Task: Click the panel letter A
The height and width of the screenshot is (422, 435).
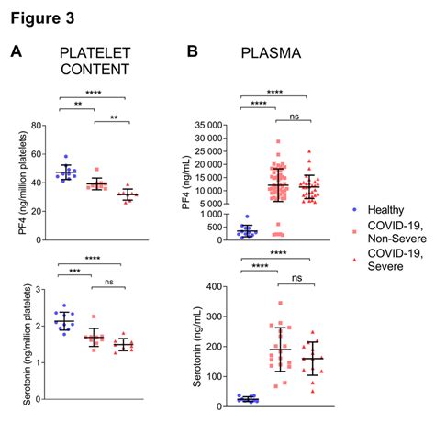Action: (x=16, y=52)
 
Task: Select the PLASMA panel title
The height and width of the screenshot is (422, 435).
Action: (x=273, y=54)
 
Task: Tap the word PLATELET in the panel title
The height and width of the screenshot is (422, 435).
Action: (x=93, y=53)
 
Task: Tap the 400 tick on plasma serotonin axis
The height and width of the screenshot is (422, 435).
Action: (x=216, y=286)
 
